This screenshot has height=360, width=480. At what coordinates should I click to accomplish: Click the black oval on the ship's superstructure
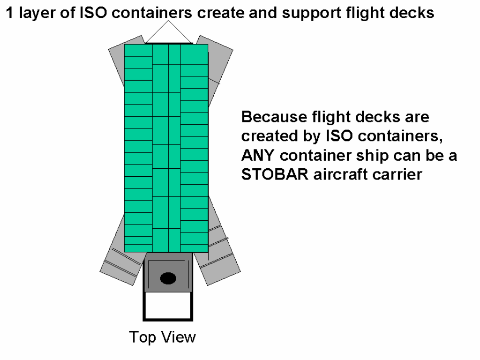coord(168,278)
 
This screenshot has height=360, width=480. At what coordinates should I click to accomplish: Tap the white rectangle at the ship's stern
coord(168,306)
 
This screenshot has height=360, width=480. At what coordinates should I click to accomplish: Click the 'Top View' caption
coord(162,337)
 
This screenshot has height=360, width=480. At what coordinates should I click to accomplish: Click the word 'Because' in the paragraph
coord(274,117)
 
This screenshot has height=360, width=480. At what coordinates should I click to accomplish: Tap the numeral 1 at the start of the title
coord(10,13)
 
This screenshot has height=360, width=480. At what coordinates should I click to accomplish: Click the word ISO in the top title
coord(93,13)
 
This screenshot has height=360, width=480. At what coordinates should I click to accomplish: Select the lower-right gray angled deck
coord(219,245)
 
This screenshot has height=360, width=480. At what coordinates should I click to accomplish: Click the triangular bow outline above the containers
coord(168,32)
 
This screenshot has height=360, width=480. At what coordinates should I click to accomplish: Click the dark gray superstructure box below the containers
coord(168,272)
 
